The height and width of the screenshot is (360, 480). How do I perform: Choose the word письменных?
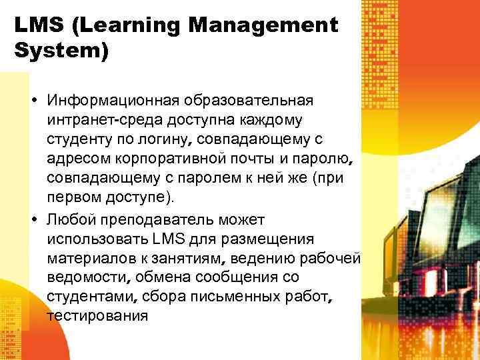(x=231, y=296)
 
